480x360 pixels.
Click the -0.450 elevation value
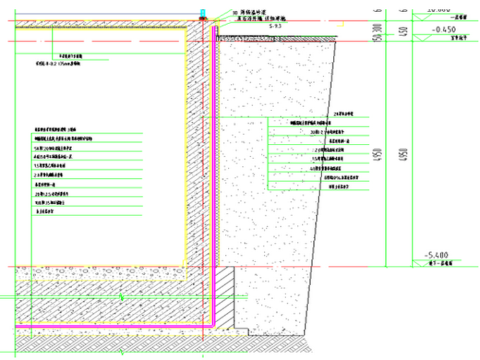pos(436,29)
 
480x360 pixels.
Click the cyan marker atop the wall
pos(203,13)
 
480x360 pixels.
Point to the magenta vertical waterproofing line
pos(213,158)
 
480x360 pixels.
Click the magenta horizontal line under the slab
pos(114,325)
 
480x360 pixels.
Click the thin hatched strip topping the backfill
pos(278,39)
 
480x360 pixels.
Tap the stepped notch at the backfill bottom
pos(244,328)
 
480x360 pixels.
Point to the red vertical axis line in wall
pos(201,158)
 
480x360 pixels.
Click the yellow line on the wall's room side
pos(185,158)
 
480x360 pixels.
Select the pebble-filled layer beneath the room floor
pos(95,273)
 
